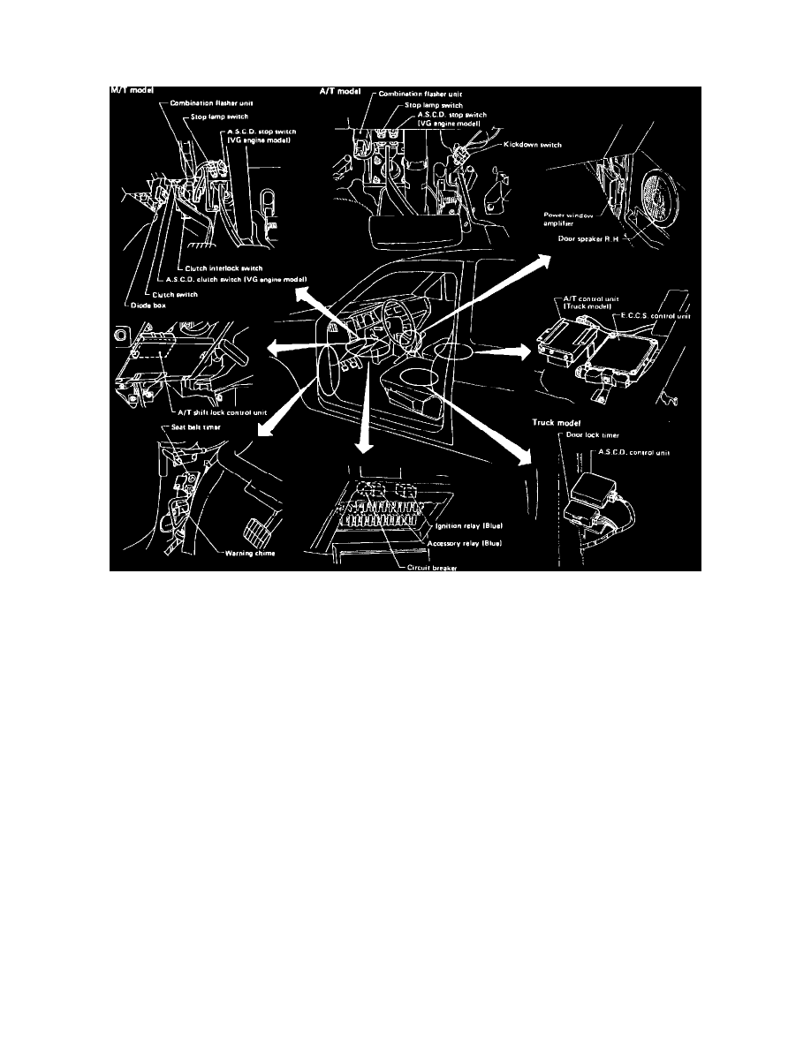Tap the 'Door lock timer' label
(x=589, y=434)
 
